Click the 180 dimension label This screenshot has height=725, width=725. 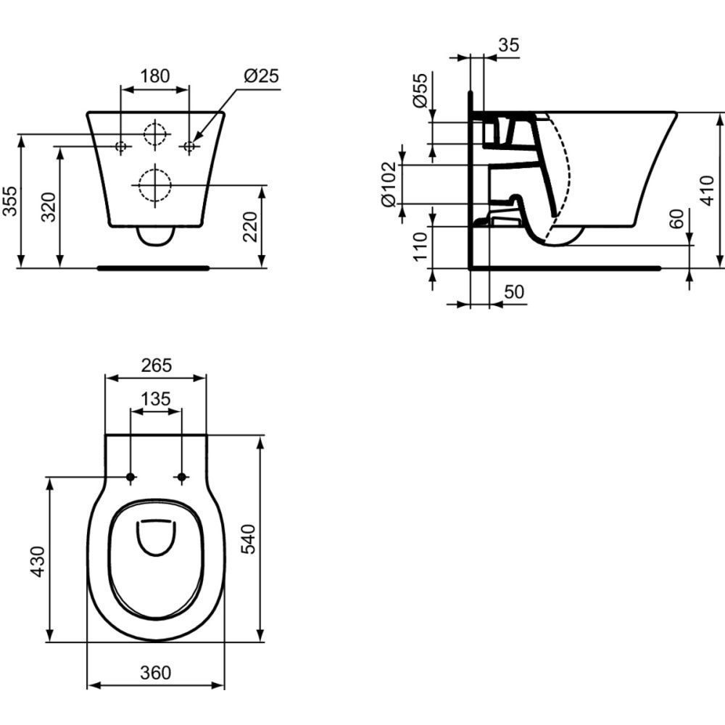(155, 75)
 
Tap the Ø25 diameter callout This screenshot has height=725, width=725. (261, 75)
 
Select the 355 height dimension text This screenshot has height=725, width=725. (10, 201)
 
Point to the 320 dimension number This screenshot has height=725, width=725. (49, 207)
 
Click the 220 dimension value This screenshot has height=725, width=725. (250, 226)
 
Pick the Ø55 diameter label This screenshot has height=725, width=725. (420, 90)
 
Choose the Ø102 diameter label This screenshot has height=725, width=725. (388, 184)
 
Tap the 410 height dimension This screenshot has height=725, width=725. (708, 191)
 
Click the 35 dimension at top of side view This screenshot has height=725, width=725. (509, 45)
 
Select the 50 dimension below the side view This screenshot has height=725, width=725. (514, 291)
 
